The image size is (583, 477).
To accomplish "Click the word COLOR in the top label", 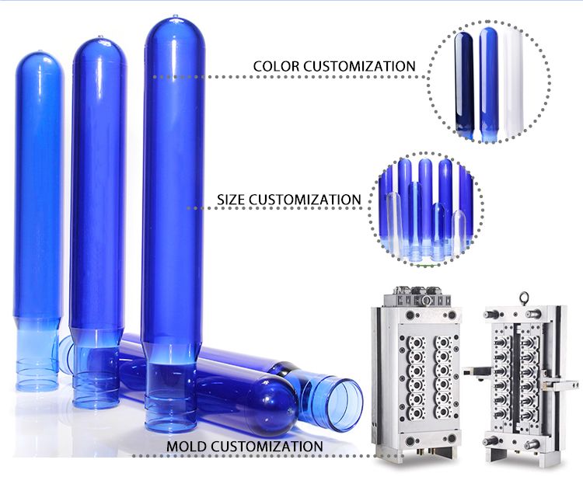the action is (x=276, y=66).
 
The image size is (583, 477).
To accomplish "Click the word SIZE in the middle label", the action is (x=231, y=200).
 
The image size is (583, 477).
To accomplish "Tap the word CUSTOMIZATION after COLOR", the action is (x=359, y=66).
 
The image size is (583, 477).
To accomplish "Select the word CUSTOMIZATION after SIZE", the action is (x=305, y=200).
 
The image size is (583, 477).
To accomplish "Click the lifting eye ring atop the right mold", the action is (x=525, y=298).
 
